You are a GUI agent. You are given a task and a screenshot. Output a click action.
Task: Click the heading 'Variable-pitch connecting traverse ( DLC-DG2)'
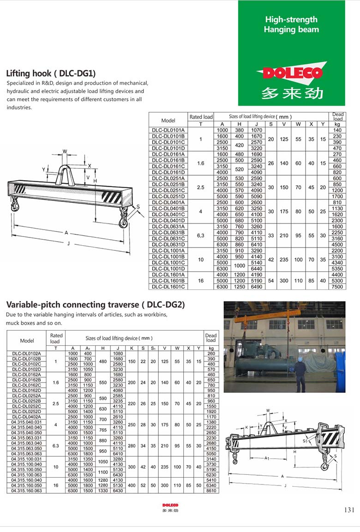[x=95, y=304]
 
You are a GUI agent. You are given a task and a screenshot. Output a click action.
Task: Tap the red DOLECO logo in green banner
[x=291, y=73]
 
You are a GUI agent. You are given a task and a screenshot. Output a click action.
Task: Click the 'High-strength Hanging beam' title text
[x=291, y=24]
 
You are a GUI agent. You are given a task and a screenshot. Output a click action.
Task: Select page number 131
[x=349, y=509]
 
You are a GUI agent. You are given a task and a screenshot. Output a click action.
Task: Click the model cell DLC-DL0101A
[x=168, y=130]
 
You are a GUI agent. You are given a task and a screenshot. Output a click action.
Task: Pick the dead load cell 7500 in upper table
[x=337, y=287]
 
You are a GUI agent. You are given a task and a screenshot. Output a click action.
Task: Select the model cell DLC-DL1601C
[x=168, y=287]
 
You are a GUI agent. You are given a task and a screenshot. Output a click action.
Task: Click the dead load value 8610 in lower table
[x=211, y=491]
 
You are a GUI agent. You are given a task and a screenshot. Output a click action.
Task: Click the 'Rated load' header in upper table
[x=201, y=117]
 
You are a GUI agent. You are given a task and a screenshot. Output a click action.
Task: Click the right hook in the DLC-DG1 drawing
[x=123, y=219]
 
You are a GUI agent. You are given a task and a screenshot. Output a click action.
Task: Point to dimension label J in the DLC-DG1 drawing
[x=68, y=243]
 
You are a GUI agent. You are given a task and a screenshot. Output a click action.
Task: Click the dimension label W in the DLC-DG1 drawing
[x=65, y=151]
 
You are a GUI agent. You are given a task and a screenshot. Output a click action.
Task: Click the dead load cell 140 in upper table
[x=337, y=130]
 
